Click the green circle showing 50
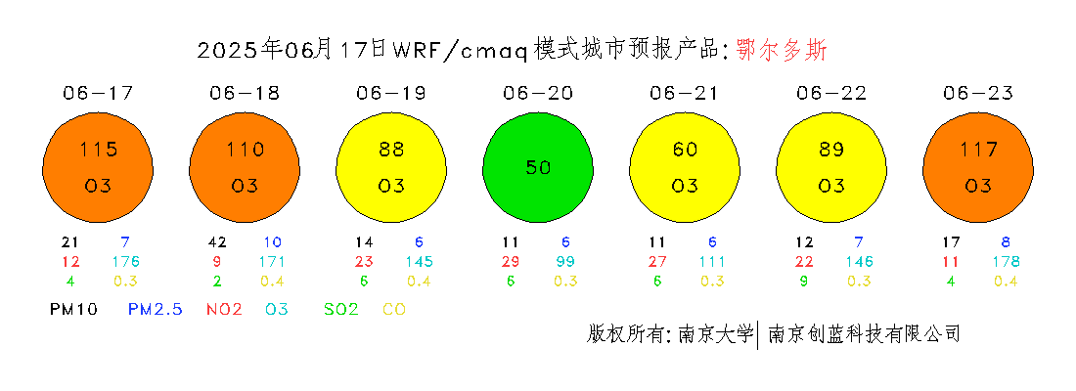tap(538, 167)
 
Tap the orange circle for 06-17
tap(98, 167)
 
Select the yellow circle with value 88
tap(391, 167)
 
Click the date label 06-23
tap(978, 93)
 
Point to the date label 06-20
tap(538, 93)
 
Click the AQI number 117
tap(978, 149)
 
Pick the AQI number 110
tap(245, 149)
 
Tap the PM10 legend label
tap(74, 309)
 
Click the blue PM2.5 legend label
tap(156, 309)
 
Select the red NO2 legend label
tap(224, 309)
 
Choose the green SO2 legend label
tap(341, 309)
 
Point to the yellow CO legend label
tap(394, 309)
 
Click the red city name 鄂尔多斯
tap(783, 50)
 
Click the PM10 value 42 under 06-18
tap(216, 242)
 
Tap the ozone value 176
tap(126, 261)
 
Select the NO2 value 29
tap(510, 261)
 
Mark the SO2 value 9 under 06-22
tap(803, 281)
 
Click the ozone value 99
tap(565, 261)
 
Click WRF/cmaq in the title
tap(460, 51)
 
